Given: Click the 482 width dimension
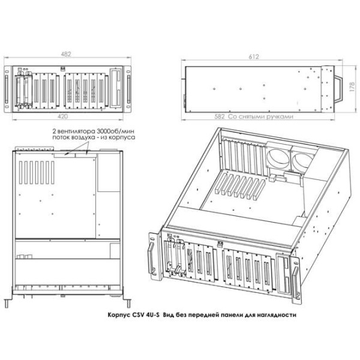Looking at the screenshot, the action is (x=66, y=54).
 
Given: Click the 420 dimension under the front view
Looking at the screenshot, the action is (x=62, y=116).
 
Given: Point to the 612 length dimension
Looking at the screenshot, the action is (x=254, y=56).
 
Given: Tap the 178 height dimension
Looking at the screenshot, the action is (x=352, y=87).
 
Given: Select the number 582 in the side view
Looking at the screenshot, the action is (x=220, y=116).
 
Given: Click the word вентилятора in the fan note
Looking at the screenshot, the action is (x=76, y=131).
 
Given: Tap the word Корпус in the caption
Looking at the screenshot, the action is (x=119, y=315).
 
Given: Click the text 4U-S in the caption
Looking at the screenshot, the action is (x=152, y=314).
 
